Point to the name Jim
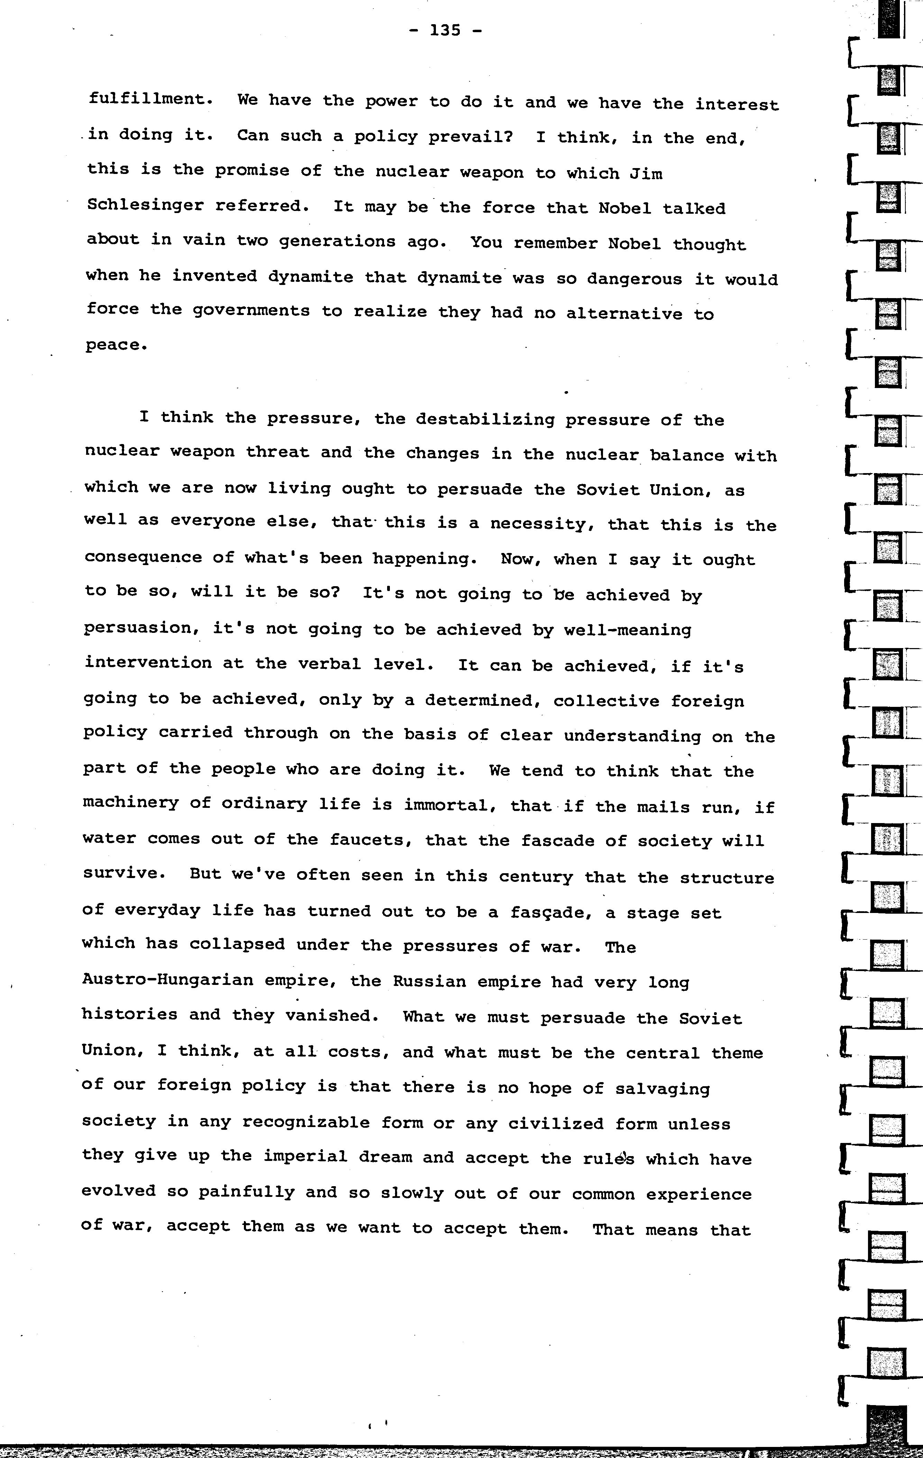point(646,173)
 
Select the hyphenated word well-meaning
point(628,630)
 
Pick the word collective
point(606,701)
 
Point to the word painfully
point(247,1192)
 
